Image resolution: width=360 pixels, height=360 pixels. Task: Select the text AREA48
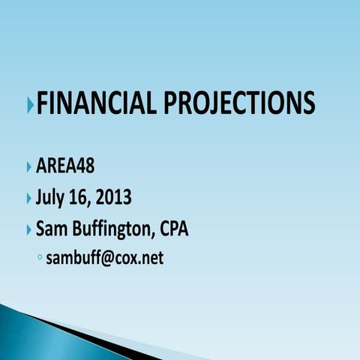[x=65, y=166]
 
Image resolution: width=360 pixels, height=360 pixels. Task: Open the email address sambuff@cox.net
[x=104, y=259]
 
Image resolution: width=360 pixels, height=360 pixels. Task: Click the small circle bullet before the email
[x=39, y=259]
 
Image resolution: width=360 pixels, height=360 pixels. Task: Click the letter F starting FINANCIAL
[x=43, y=103]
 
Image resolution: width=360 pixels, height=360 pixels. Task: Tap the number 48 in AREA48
[x=85, y=166]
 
